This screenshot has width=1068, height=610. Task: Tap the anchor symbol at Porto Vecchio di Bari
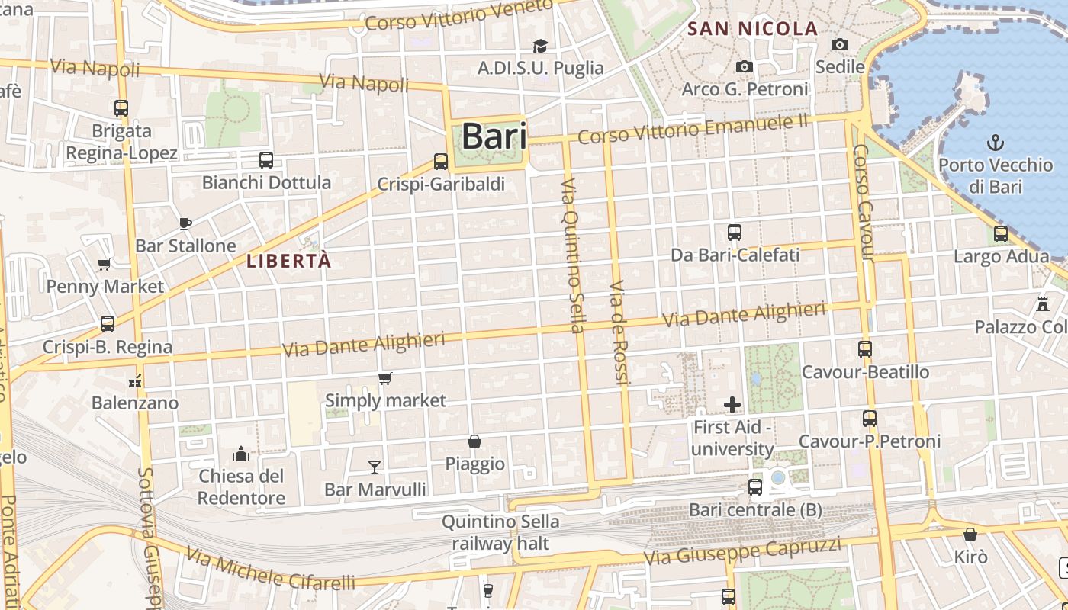pyautogui.click(x=995, y=143)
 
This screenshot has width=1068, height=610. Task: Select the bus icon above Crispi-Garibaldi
pyautogui.click(x=441, y=162)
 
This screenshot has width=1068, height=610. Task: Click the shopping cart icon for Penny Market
pyautogui.click(x=105, y=265)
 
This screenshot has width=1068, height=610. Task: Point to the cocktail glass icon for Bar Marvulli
pyautogui.click(x=375, y=467)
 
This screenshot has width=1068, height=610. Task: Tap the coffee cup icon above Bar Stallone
pyautogui.click(x=185, y=223)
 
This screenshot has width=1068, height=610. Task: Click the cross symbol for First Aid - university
pyautogui.click(x=732, y=405)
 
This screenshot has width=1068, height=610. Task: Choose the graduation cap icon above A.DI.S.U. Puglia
pyautogui.click(x=540, y=47)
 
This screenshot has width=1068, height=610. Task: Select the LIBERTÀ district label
pyautogui.click(x=289, y=261)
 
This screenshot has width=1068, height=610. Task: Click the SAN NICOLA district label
pyautogui.click(x=752, y=29)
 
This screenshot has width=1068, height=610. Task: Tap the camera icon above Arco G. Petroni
pyautogui.click(x=745, y=67)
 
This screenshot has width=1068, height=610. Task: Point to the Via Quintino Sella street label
pyautogui.click(x=572, y=256)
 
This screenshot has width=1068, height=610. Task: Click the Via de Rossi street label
pyautogui.click(x=619, y=332)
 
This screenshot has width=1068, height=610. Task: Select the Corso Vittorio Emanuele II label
pyautogui.click(x=692, y=128)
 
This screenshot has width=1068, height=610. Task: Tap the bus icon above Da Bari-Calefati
pyautogui.click(x=735, y=233)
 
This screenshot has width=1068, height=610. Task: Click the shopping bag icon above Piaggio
pyautogui.click(x=474, y=441)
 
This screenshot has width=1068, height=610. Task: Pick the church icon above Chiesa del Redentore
pyautogui.click(x=241, y=454)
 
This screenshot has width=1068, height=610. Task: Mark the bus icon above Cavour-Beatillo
pyautogui.click(x=864, y=349)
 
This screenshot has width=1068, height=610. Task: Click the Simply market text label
pyautogui.click(x=385, y=400)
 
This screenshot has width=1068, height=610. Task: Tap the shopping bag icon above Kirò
pyautogui.click(x=970, y=535)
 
